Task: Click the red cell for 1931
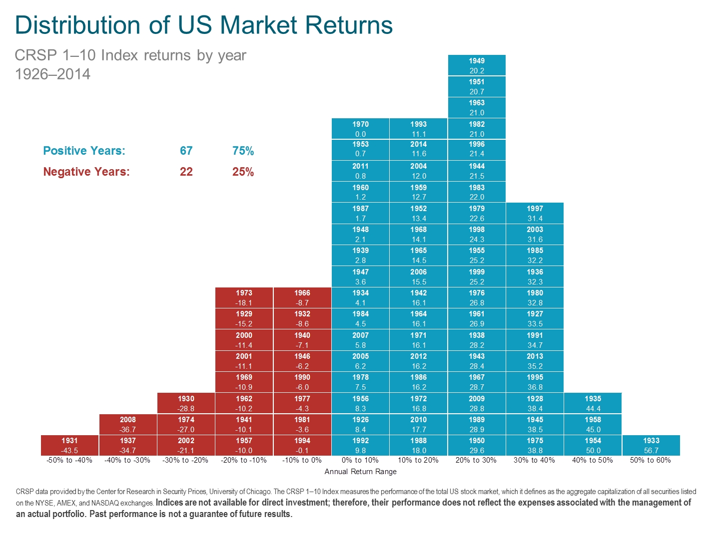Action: [x=69, y=445]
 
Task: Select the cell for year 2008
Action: [x=127, y=424]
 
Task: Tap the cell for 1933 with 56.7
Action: [x=651, y=445]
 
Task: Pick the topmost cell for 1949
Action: [x=477, y=65]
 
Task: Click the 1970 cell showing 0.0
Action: [x=360, y=129]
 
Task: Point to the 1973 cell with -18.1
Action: [x=244, y=297]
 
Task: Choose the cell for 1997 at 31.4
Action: [x=535, y=213]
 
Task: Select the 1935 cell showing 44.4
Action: [x=593, y=403]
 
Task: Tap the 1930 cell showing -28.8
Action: [x=186, y=403]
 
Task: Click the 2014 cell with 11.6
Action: [x=418, y=149]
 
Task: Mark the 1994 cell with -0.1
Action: [x=302, y=445]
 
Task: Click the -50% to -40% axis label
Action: [x=69, y=460]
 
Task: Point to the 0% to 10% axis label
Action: [x=360, y=460]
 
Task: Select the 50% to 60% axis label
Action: [x=651, y=460]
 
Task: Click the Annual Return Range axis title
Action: [x=360, y=472]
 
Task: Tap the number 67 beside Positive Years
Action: [x=186, y=151]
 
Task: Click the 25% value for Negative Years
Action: [x=243, y=172]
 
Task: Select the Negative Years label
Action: [x=86, y=172]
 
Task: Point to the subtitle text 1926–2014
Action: [x=53, y=74]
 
